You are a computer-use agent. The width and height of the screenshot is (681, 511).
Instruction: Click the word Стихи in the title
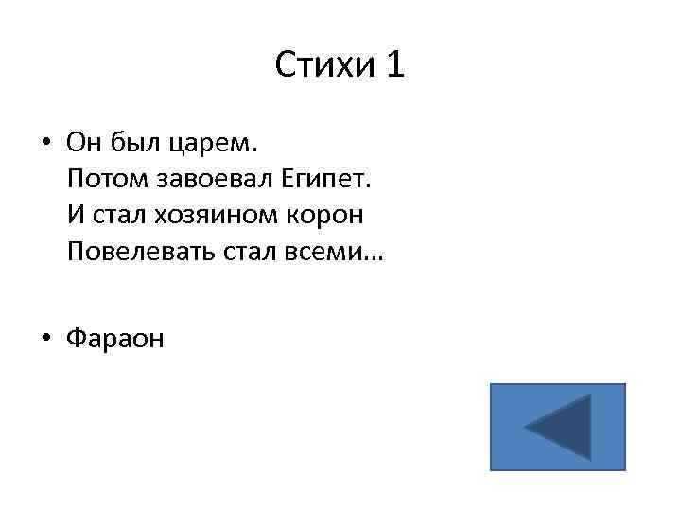(324, 65)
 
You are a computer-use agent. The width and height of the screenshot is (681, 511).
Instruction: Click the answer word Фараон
(114, 339)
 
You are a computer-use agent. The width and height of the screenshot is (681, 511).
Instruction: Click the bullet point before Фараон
(45, 339)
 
